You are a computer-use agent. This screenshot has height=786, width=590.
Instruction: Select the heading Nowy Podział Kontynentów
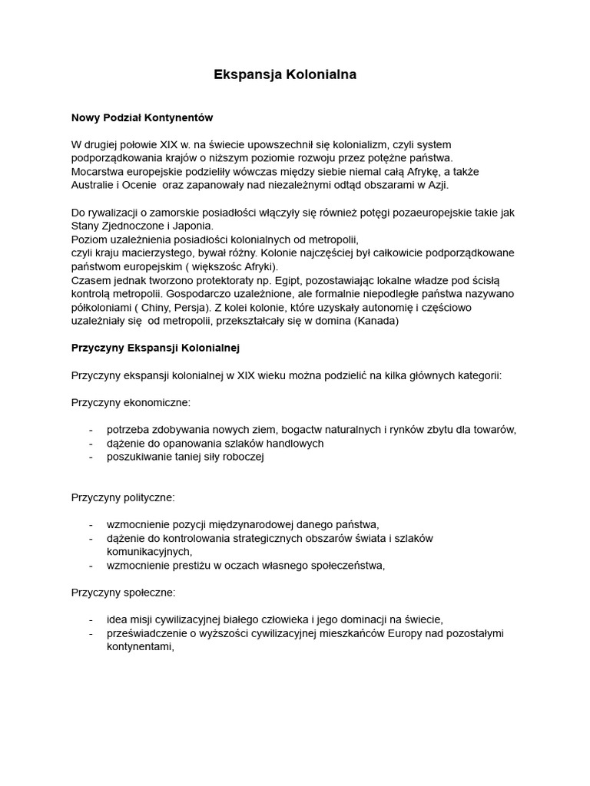click(141, 117)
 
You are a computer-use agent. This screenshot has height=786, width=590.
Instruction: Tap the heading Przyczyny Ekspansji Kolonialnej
click(155, 348)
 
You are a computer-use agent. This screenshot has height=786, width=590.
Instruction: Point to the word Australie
click(94, 185)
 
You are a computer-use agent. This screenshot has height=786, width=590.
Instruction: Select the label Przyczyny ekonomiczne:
click(131, 402)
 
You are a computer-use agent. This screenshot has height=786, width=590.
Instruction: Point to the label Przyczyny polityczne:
click(123, 497)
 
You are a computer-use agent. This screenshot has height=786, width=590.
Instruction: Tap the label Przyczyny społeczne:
click(123, 593)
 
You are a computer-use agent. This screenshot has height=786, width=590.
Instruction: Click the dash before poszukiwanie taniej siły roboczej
click(91, 457)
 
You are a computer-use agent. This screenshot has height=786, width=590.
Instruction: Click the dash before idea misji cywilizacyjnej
click(91, 619)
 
